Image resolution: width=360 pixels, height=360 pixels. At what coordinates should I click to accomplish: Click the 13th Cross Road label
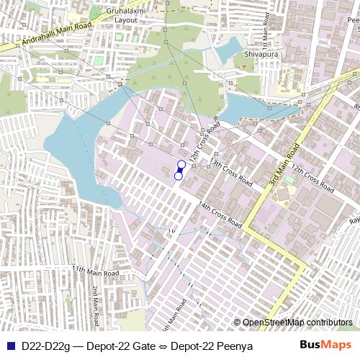[x=230, y=171]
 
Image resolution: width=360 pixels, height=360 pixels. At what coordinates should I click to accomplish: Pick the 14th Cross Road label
[x=220, y=215]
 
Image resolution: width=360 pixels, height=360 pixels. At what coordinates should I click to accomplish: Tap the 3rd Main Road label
[x=284, y=166]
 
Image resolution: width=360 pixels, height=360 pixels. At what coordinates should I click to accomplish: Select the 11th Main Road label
[x=95, y=271]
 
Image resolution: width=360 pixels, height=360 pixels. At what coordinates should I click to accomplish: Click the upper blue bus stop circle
[x=181, y=165]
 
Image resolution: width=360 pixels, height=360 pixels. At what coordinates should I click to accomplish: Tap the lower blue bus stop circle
[x=179, y=176]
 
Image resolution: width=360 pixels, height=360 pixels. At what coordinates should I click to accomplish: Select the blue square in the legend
[x=9, y=346]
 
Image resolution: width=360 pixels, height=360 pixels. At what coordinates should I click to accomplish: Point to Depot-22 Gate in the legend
[x=126, y=346]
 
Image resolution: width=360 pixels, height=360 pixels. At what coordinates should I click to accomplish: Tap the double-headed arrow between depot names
[x=163, y=346]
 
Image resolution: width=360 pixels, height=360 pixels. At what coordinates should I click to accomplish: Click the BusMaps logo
[x=325, y=346]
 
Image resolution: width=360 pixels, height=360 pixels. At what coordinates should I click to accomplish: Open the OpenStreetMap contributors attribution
[x=297, y=322]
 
